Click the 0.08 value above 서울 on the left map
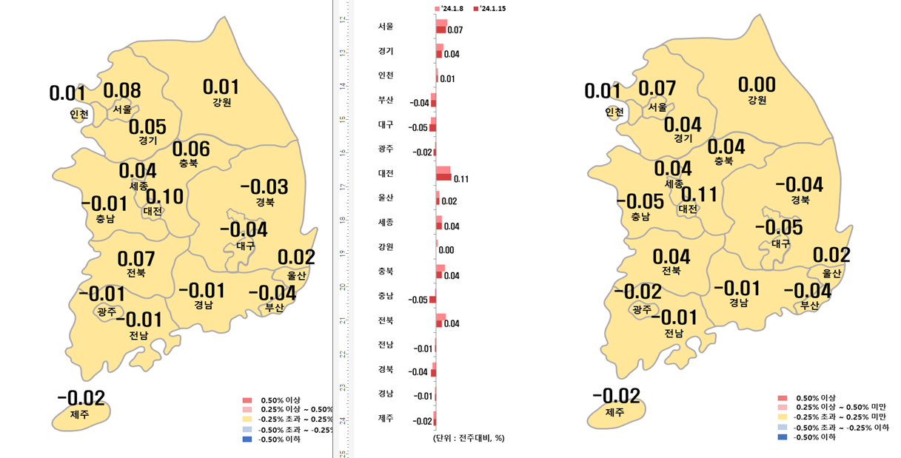122,91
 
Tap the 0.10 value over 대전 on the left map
164,197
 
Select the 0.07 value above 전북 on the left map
135,259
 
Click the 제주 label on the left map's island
79,414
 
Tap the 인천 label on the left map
79,114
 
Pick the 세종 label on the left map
138,186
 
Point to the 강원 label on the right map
757,100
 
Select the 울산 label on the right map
831,273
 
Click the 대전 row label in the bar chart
386,173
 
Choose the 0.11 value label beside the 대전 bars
461,179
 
